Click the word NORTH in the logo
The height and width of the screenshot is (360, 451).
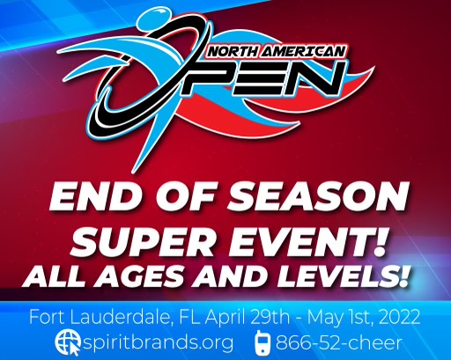pyautogui.click(x=233, y=52)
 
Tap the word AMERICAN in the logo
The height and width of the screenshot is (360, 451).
pyautogui.click(x=302, y=52)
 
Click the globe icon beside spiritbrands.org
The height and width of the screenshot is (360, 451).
pyautogui.click(x=68, y=342)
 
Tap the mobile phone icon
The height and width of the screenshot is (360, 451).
pyautogui.click(x=262, y=342)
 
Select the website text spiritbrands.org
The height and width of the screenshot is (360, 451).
pyautogui.click(x=158, y=342)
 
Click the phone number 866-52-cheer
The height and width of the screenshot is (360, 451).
pyautogui.click(x=339, y=342)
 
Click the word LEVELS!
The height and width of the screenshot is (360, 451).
pyautogui.click(x=342, y=276)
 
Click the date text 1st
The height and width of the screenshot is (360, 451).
pyautogui.click(x=363, y=318)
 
